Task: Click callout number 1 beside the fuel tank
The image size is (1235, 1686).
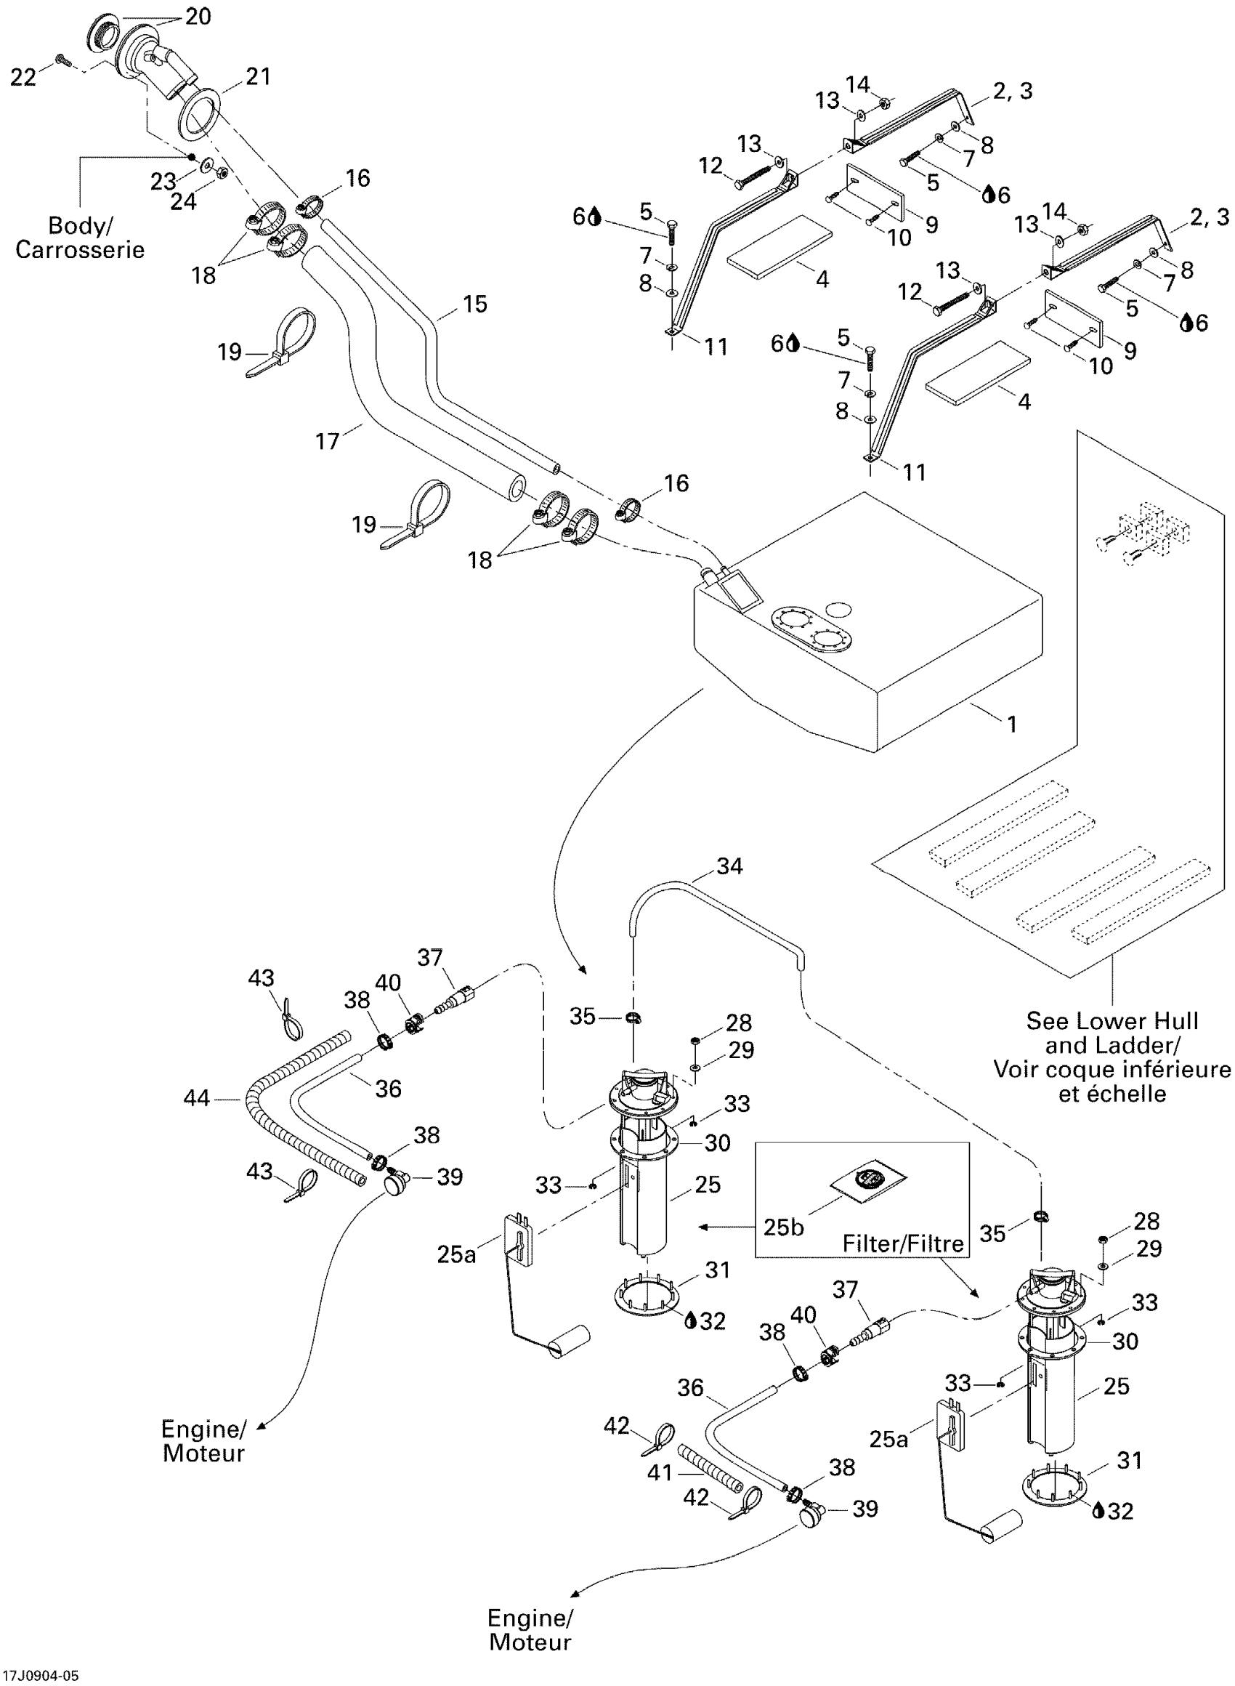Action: click(1011, 724)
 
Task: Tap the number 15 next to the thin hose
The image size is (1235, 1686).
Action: click(474, 304)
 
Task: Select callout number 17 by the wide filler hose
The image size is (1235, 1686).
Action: click(328, 441)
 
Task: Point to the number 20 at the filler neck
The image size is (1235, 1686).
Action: click(198, 17)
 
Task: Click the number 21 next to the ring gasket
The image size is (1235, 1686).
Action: click(258, 76)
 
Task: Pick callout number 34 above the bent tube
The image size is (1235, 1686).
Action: click(729, 866)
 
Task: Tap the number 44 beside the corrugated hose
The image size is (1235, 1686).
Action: click(197, 1098)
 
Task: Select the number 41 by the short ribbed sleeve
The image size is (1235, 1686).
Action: click(660, 1472)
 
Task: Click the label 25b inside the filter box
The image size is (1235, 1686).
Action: click(783, 1227)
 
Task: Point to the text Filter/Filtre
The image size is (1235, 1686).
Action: click(903, 1243)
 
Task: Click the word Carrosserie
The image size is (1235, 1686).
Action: click(80, 250)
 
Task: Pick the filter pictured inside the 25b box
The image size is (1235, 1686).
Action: click(868, 1181)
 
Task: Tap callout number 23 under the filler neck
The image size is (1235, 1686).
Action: click(163, 180)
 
